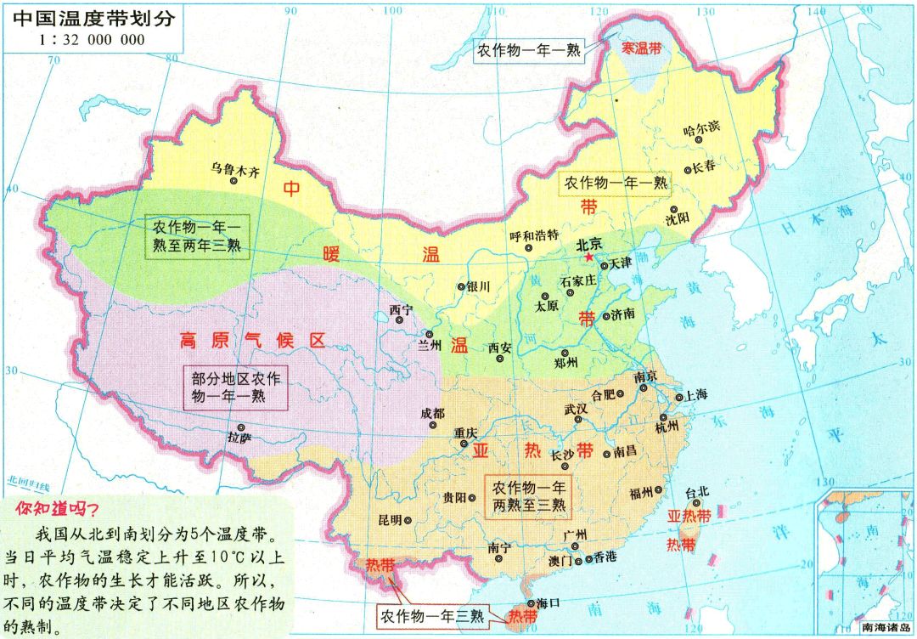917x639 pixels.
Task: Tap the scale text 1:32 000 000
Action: (x=92, y=40)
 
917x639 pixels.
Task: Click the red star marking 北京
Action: (x=586, y=256)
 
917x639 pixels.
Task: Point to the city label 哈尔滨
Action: (x=701, y=128)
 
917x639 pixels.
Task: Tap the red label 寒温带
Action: (x=642, y=49)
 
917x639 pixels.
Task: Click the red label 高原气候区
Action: (x=252, y=341)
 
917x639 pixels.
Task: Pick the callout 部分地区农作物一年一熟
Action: (x=235, y=387)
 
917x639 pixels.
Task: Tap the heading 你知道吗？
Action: (x=56, y=509)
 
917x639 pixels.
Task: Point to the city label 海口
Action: (x=549, y=602)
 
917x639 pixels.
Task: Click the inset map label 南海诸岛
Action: (x=886, y=629)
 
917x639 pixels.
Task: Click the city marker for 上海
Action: (x=678, y=397)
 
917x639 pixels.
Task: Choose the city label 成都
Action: (x=431, y=414)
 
